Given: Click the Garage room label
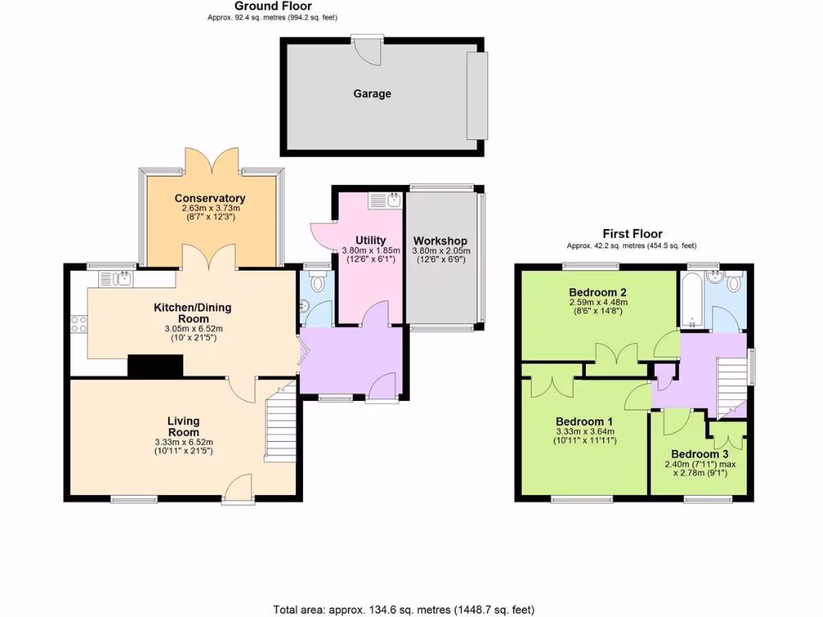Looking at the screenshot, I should pyautogui.click(x=372, y=94).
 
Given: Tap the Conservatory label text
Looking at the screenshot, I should pyautogui.click(x=210, y=198).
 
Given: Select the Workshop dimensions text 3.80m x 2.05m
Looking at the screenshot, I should pyautogui.click(x=440, y=251).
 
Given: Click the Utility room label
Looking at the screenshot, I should pyautogui.click(x=371, y=240).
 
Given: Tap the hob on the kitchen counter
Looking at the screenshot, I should pyautogui.click(x=79, y=325).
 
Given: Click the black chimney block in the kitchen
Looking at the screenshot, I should pyautogui.click(x=155, y=366).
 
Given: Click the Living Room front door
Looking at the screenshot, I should pyautogui.click(x=240, y=487).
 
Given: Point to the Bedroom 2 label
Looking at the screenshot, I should pyautogui.click(x=597, y=292).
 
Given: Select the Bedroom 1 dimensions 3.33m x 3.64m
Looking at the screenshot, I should pyautogui.click(x=585, y=431).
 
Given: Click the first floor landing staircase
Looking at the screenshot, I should pyautogui.click(x=731, y=384).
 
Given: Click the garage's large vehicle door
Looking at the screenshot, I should pyautogui.click(x=477, y=95).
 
